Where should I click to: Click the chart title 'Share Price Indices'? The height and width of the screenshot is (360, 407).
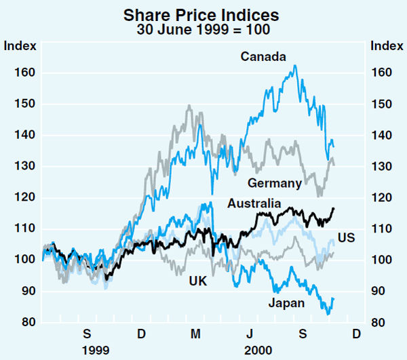click(203, 13)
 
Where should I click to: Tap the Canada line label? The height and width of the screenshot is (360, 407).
click(263, 57)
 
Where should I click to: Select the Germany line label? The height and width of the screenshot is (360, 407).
click(275, 183)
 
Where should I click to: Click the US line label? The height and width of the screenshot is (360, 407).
click(347, 238)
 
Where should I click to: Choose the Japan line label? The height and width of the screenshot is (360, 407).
click(286, 304)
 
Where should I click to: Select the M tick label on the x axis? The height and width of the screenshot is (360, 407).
click(195, 334)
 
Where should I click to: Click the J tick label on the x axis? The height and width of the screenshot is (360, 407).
click(249, 334)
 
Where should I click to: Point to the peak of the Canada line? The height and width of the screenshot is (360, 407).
click(294, 66)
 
